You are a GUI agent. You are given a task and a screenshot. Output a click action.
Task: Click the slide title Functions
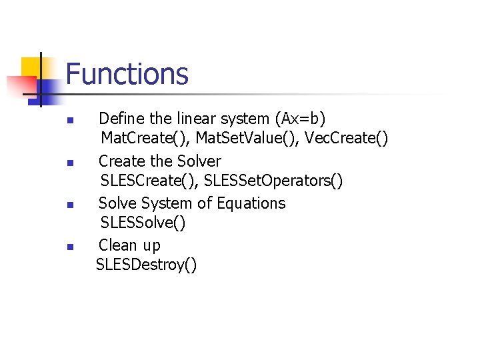pyautogui.click(x=127, y=74)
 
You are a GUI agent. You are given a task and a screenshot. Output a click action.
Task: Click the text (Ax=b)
pyautogui.click(x=299, y=119)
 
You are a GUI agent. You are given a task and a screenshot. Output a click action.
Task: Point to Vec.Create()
pyautogui.click(x=345, y=139)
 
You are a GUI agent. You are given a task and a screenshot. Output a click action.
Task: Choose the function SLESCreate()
pyautogui.click(x=149, y=181)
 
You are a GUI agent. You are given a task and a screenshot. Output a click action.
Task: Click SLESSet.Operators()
pyautogui.click(x=273, y=181)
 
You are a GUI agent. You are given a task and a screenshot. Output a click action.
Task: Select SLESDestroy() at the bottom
pyautogui.click(x=147, y=265)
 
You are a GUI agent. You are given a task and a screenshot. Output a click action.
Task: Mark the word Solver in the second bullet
pyautogui.click(x=199, y=161)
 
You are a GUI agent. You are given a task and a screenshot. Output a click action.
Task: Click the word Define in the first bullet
pyautogui.click(x=121, y=119)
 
